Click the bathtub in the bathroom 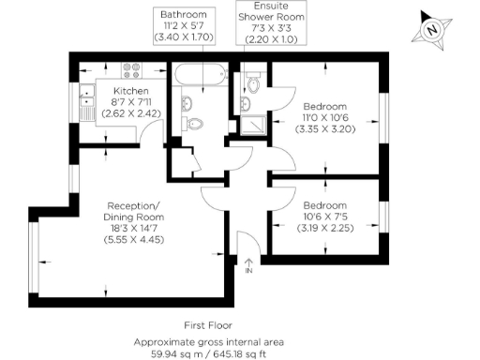pos(197,78)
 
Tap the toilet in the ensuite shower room pos(254,85)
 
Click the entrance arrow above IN pos(248,262)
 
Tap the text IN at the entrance pos(248,272)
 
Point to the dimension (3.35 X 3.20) pos(324,129)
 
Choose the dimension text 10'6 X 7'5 pos(324,216)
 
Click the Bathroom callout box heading pos(184,16)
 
